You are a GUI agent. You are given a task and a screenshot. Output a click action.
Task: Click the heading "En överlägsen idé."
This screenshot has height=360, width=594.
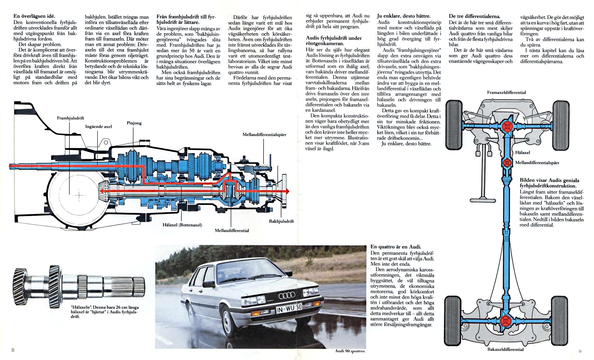click(34, 16)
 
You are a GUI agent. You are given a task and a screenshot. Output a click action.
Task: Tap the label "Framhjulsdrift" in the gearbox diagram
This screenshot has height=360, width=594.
click(71, 118)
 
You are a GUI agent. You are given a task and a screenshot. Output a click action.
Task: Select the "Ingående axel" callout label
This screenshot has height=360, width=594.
click(98, 127)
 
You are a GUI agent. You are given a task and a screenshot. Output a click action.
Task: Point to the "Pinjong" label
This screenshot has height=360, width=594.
click(134, 123)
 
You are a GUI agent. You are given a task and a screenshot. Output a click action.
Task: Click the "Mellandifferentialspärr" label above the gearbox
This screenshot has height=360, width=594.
click(264, 134)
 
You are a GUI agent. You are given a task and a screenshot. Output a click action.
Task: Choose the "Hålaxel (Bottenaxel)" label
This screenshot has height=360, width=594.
click(182, 225)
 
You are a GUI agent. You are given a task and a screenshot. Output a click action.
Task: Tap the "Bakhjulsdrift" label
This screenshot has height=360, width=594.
click(281, 221)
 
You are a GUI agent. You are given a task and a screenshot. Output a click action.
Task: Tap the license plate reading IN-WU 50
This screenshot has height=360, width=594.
click(289, 308)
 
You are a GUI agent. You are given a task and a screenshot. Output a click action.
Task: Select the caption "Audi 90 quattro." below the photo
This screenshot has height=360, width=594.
click(350, 351)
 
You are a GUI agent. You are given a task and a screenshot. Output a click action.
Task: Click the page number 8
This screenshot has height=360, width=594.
click(13, 350)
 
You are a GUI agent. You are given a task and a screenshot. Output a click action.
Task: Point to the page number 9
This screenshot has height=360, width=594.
click(580, 351)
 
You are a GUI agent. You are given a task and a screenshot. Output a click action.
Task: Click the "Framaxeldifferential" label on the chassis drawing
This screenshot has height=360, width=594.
click(506, 92)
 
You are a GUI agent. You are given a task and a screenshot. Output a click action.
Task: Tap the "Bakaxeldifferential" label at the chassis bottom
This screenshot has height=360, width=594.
click(505, 349)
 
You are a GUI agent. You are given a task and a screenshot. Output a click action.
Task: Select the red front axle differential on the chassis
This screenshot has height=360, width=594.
click(507, 127)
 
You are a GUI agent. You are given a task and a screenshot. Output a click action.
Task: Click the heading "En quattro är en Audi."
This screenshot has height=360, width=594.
click(396, 247)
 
